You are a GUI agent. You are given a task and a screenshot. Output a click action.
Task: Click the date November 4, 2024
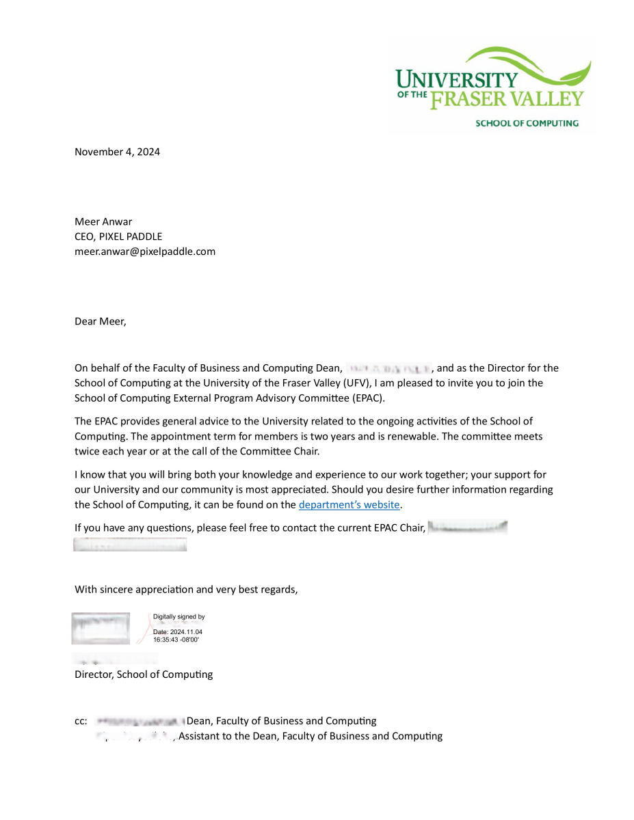[117, 152]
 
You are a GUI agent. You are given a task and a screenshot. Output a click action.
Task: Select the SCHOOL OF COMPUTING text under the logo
[527, 124]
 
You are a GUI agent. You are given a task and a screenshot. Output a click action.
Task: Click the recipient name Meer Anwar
[103, 221]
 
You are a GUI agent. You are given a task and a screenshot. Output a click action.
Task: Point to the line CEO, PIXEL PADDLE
[118, 236]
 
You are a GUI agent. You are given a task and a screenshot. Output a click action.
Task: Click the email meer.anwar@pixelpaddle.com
[145, 251]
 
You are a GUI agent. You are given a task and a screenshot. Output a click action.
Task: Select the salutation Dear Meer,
[101, 321]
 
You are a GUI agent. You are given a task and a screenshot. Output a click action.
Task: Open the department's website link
[349, 505]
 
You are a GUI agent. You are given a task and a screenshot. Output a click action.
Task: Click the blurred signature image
[101, 628]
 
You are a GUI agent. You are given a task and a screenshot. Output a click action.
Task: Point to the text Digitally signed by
[179, 617]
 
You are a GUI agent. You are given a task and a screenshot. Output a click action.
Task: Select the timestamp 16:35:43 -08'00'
[176, 640]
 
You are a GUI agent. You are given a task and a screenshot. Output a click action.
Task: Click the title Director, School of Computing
[144, 674]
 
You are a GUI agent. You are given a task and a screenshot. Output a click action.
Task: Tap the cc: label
[81, 721]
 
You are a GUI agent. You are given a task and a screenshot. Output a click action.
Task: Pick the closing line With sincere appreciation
[186, 589]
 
